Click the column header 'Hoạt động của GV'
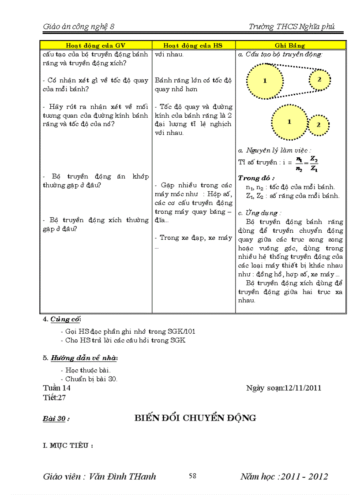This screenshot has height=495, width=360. (x=95, y=45)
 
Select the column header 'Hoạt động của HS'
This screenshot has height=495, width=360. (x=193, y=45)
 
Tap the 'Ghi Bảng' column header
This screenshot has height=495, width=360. (x=290, y=45)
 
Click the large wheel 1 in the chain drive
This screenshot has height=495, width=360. (x=265, y=81)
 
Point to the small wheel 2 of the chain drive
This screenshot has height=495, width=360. (x=319, y=79)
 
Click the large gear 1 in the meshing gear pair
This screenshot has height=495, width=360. (x=289, y=122)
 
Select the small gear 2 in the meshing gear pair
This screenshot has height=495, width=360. (x=319, y=125)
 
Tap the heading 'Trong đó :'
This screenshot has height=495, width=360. (x=256, y=178)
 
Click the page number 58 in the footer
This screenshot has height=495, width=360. (x=192, y=476)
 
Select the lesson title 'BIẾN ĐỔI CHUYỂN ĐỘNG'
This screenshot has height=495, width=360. (x=195, y=418)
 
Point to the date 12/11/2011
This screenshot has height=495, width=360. (x=303, y=388)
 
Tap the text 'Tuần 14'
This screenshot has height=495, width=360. (x=57, y=388)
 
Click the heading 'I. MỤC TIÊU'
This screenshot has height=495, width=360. (x=67, y=446)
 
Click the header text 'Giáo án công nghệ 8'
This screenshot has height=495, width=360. (x=79, y=26)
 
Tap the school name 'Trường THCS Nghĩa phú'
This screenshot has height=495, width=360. (x=292, y=26)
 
